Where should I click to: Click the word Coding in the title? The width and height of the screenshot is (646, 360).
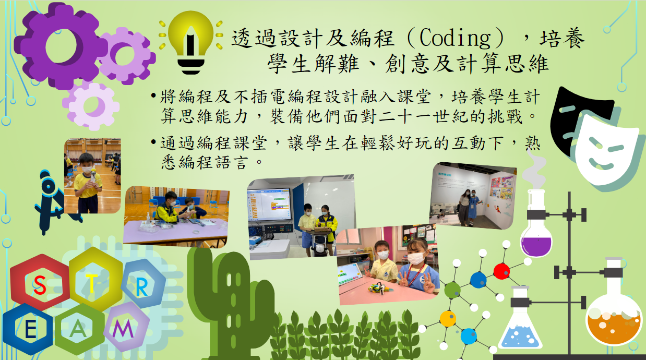[455, 38]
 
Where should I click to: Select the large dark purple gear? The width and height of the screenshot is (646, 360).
[59, 46]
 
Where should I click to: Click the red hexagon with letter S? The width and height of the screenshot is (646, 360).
[40, 284]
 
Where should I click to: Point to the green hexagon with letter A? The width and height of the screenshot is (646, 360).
[78, 329]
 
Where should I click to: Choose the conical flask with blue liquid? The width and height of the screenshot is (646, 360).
[520, 320]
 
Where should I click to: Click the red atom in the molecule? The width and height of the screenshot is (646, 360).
[501, 271]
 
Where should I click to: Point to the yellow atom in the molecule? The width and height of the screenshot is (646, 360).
[448, 318]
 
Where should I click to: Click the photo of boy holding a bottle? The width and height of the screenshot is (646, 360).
[92, 176]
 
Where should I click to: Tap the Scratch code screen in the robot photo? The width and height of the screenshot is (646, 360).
[269, 204]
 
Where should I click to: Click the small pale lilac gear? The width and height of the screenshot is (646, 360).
[92, 105]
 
